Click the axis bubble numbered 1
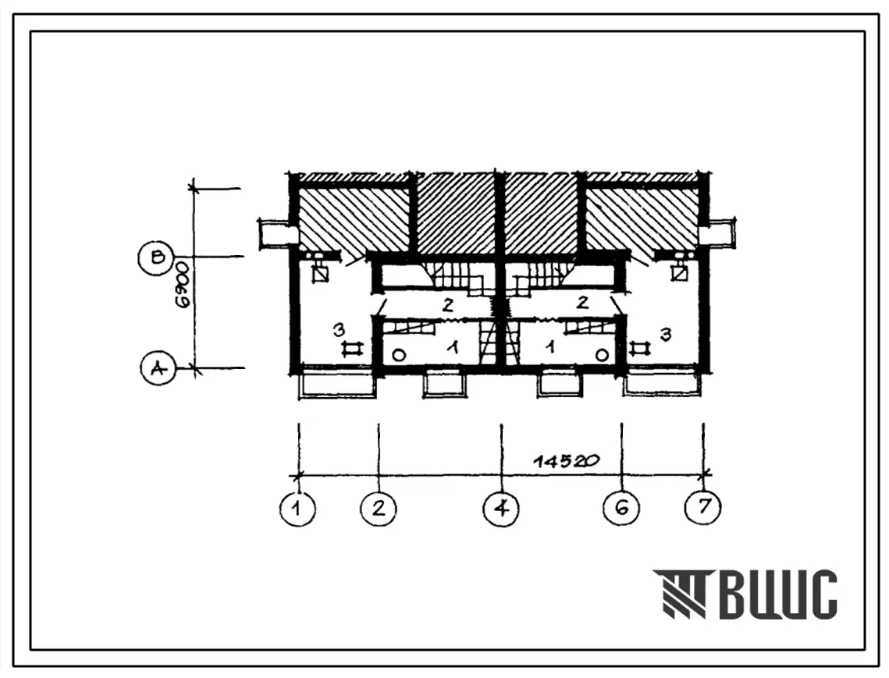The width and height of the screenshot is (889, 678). [x=297, y=508]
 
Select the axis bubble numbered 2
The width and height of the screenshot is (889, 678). [x=379, y=507]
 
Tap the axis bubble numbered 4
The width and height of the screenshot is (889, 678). [x=501, y=508]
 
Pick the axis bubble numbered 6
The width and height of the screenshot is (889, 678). [x=621, y=507]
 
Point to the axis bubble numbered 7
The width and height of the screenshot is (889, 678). [x=703, y=506]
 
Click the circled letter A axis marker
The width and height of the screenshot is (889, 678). [x=158, y=368]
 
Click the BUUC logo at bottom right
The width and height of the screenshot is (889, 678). [x=745, y=594]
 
